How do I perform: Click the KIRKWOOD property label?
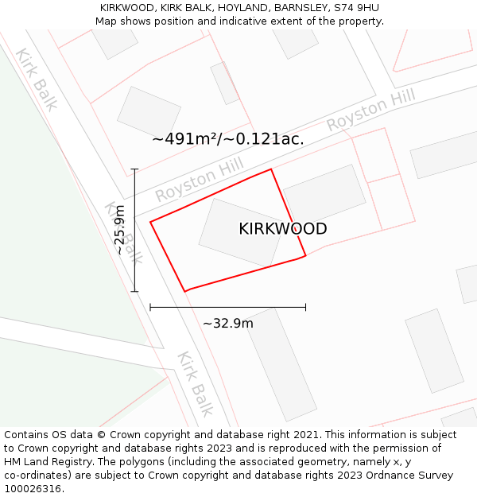(x=282, y=229)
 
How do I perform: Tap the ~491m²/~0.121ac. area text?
(x=228, y=139)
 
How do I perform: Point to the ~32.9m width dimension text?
(x=228, y=324)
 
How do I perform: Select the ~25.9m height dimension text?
(x=119, y=231)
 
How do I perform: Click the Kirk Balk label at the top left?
(x=36, y=80)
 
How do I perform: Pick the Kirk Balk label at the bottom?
(x=196, y=383)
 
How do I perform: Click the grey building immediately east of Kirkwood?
(x=324, y=193)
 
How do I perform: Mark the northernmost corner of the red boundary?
(x=271, y=169)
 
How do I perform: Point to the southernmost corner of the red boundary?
(x=185, y=292)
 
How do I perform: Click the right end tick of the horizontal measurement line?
(x=305, y=306)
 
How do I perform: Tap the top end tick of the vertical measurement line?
(x=134, y=169)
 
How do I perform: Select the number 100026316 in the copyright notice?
(x=33, y=489)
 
